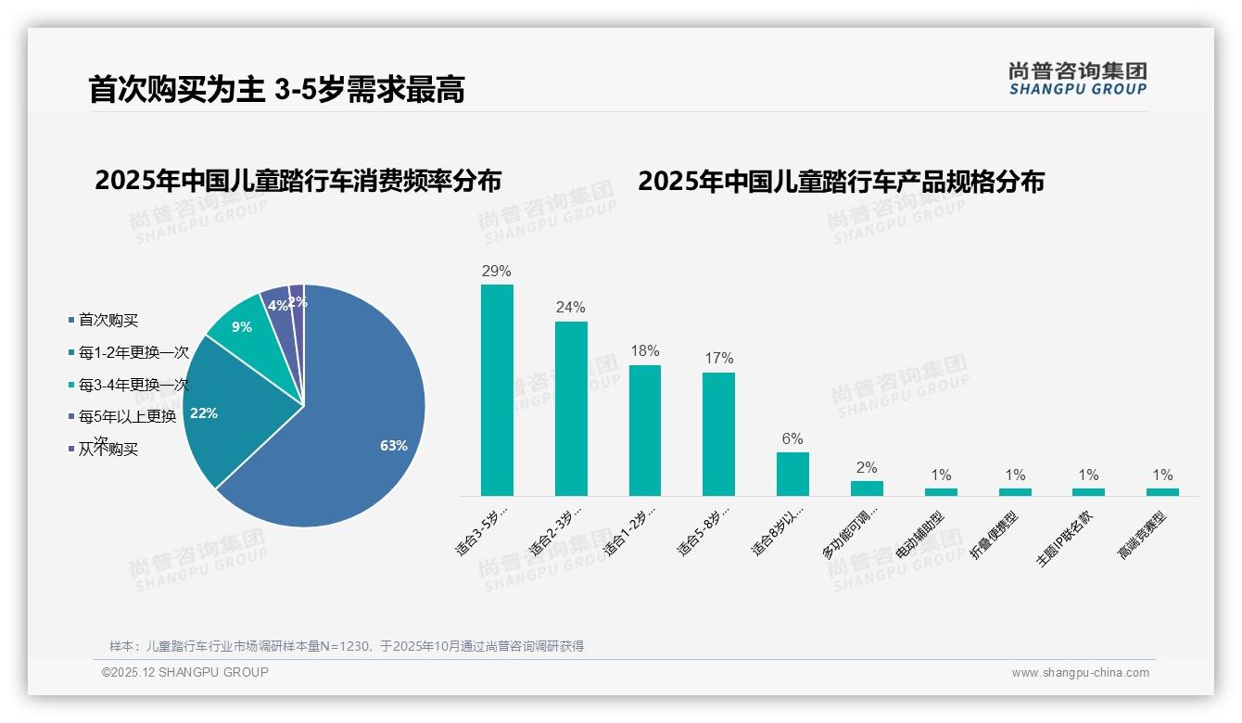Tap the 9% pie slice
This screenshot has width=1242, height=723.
244,323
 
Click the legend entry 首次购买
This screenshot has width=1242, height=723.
108,321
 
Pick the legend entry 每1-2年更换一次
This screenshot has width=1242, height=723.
133,353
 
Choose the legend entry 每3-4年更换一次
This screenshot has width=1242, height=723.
133,385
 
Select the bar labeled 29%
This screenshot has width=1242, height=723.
497,389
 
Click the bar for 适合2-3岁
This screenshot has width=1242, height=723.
571,408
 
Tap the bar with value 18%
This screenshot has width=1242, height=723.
645,430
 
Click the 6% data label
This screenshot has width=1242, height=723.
792,439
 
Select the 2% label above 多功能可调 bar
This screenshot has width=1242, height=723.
867,468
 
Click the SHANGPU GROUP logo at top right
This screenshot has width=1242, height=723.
1078,79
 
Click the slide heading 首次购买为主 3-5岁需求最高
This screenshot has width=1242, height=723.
276,90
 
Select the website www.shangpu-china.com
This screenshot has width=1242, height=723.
1080,673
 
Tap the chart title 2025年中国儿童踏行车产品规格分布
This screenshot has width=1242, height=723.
841,182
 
